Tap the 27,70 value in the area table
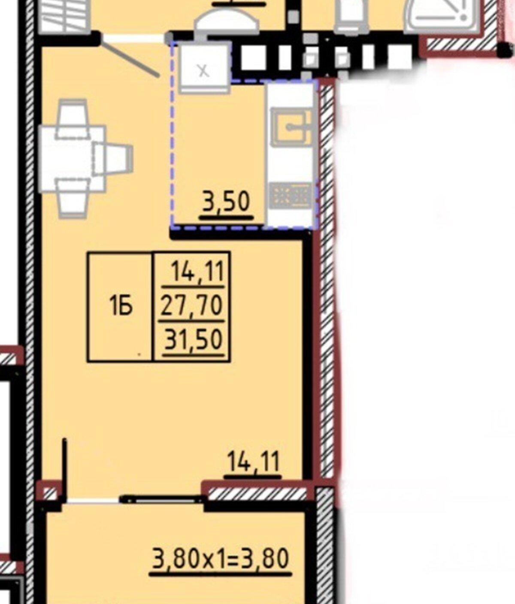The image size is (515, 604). pyautogui.click(x=192, y=305)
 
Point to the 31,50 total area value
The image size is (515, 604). pyautogui.click(x=192, y=339)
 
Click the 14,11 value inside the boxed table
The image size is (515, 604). pyautogui.click(x=198, y=271)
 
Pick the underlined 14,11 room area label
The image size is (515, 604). pyautogui.click(x=253, y=462)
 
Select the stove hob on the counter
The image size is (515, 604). pyautogui.click(x=291, y=195)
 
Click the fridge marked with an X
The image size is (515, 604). pyautogui.click(x=204, y=67)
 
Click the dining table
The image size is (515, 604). pyautogui.click(x=73, y=159)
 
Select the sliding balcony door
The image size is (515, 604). pyautogui.click(x=163, y=499)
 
